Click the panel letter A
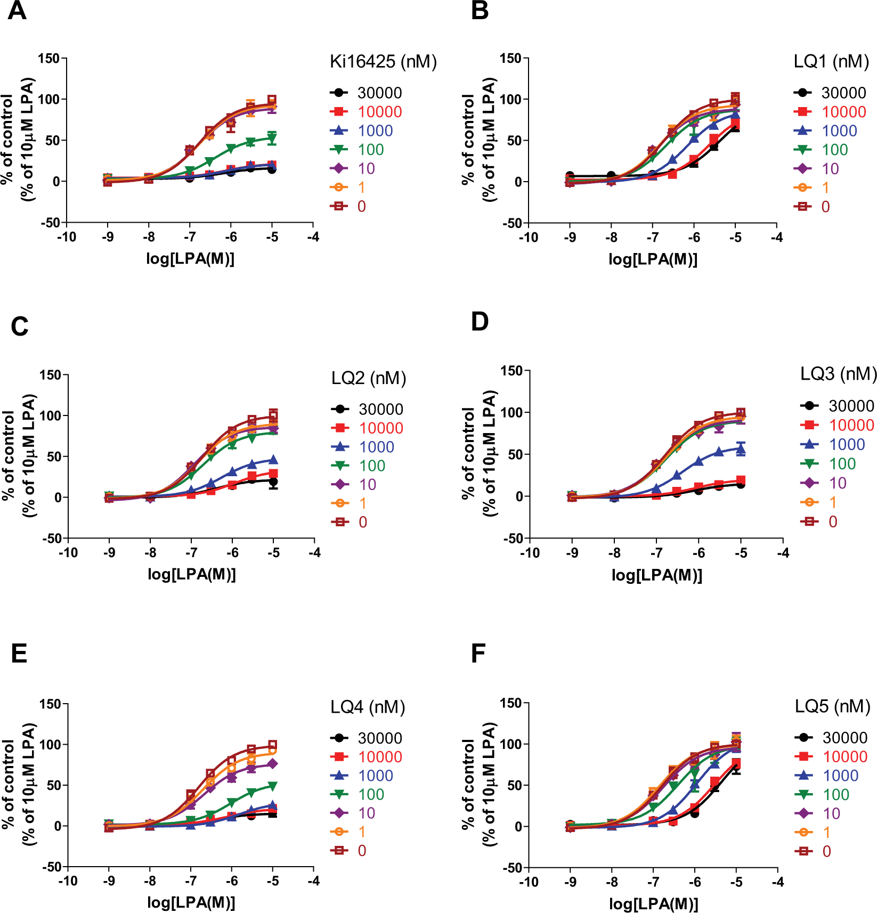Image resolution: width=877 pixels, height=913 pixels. tap(17, 11)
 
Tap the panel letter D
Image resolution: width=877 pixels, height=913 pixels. tap(480, 322)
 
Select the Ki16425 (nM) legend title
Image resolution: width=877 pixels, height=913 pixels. tap(383, 62)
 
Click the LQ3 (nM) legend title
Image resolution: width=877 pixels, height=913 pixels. tap(839, 374)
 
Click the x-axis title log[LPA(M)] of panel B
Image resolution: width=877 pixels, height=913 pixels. tap(653, 259)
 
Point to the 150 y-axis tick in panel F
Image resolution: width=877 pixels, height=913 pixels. tap(511, 703)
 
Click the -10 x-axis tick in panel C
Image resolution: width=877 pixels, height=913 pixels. tap(68, 553)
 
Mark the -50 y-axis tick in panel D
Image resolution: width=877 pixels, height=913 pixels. tap(513, 539)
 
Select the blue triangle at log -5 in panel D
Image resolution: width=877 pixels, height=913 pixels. tap(741, 449)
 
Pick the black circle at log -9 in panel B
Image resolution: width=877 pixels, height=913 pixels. tap(570, 176)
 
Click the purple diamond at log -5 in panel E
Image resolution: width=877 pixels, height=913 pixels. tap(272, 764)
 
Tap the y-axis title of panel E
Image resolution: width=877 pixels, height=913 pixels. tap(19, 784)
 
